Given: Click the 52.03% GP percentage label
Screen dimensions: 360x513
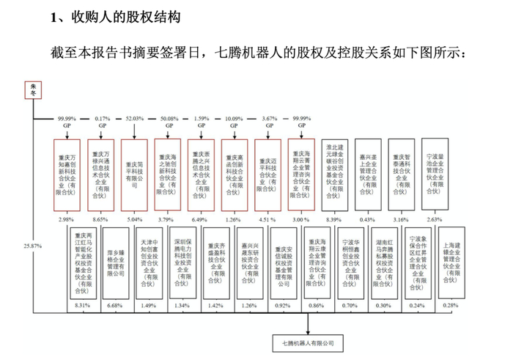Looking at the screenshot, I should pyautogui.click(x=135, y=118).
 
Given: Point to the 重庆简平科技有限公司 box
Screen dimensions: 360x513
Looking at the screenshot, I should pyautogui.click(x=135, y=174).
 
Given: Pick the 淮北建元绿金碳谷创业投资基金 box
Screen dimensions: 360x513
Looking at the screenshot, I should pyautogui.click(x=335, y=174).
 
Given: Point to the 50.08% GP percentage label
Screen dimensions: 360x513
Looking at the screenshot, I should pyautogui.click(x=168, y=118).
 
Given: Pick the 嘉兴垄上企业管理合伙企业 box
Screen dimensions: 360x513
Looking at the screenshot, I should pyautogui.click(x=369, y=174).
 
